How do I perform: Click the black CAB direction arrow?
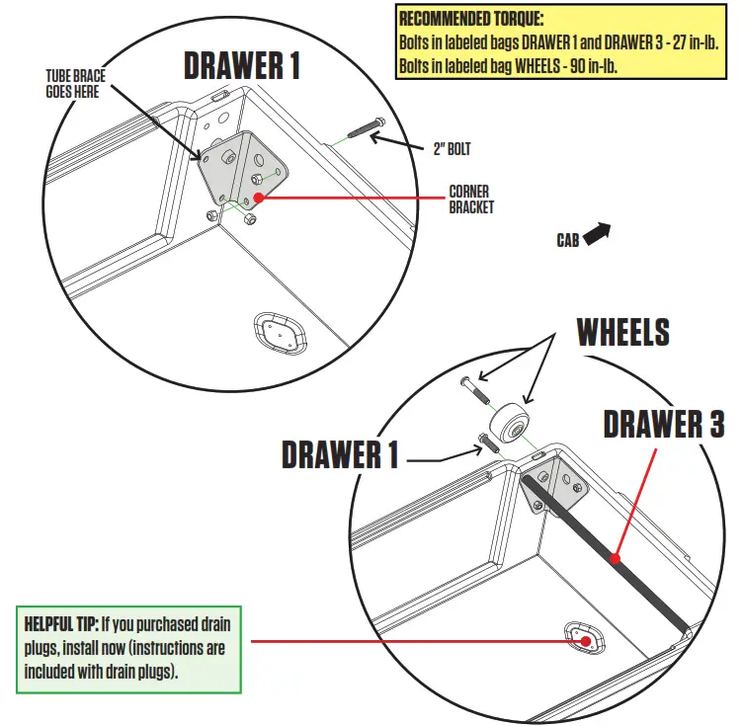(x=598, y=233)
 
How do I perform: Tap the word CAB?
(x=567, y=240)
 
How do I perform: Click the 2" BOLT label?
(x=452, y=149)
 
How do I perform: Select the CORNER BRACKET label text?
(x=471, y=199)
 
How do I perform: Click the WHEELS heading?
(x=622, y=332)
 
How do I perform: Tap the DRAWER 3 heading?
(x=663, y=424)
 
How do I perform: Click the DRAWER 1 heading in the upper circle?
(x=242, y=65)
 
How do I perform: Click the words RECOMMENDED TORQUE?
(x=471, y=19)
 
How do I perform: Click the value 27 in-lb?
(x=684, y=43)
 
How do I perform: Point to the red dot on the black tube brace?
(x=615, y=559)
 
